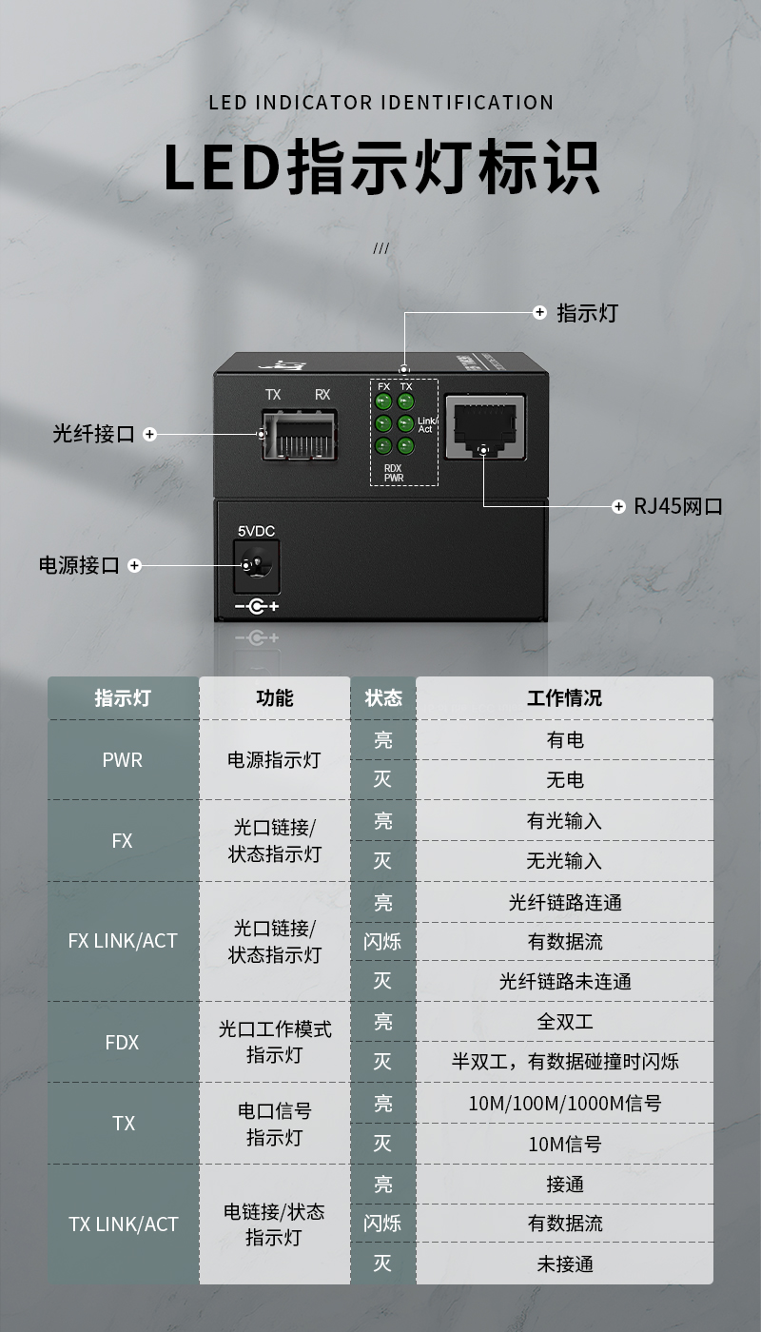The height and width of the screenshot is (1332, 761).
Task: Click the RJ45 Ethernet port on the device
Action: click(x=485, y=426)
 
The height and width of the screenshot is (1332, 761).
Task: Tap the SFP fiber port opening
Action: click(x=300, y=435)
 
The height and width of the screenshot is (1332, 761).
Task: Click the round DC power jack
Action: click(x=256, y=565)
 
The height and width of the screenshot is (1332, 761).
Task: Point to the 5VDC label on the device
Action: click(x=256, y=531)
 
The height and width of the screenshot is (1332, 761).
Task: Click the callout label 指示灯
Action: click(x=588, y=313)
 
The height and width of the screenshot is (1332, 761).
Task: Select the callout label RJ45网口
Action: click(x=677, y=506)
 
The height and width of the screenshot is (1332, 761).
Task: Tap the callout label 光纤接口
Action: click(x=93, y=434)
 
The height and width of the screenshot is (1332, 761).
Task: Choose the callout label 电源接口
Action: click(x=79, y=565)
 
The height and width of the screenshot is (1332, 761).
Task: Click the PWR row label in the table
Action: click(x=123, y=760)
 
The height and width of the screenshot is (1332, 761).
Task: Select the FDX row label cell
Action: click(x=122, y=1043)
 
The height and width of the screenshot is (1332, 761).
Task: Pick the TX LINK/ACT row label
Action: click(x=123, y=1224)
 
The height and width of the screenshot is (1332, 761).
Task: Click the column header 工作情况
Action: click(x=564, y=697)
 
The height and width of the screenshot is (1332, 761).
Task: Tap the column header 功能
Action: click(x=275, y=697)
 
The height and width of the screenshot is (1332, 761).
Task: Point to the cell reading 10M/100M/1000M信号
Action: click(x=565, y=1103)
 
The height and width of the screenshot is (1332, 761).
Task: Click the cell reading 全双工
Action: click(x=565, y=1022)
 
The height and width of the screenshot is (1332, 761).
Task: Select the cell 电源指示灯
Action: click(x=274, y=760)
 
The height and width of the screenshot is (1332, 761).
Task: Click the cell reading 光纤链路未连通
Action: click(x=565, y=981)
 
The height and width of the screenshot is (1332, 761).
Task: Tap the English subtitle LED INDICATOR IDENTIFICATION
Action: click(x=381, y=103)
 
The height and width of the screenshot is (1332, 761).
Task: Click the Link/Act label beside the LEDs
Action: click(x=427, y=424)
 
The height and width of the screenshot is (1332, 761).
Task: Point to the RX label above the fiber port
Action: click(x=322, y=394)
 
